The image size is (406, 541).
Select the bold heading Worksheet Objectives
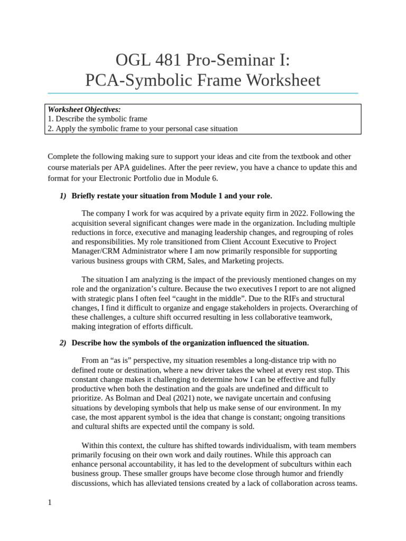(x=84, y=109)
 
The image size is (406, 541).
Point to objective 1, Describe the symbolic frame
(x=97, y=119)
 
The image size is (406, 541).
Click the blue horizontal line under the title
(x=202, y=93)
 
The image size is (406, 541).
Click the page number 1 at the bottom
(x=50, y=502)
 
